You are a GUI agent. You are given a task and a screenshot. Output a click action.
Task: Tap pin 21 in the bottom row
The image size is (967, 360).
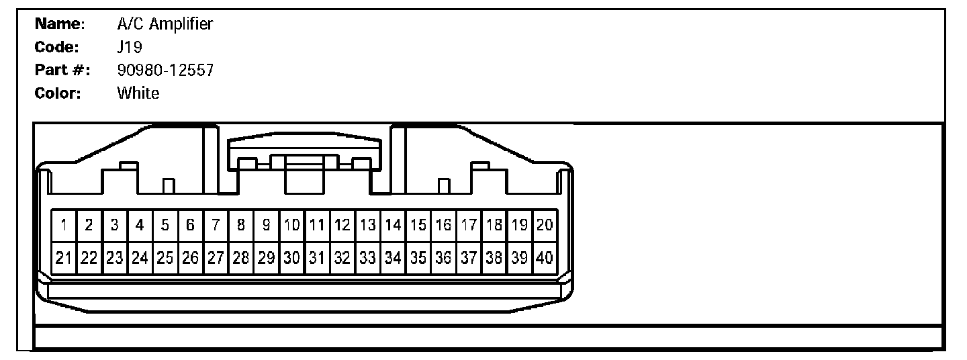pyautogui.click(x=64, y=258)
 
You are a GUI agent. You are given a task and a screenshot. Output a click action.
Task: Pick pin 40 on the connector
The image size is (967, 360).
pyautogui.click(x=545, y=258)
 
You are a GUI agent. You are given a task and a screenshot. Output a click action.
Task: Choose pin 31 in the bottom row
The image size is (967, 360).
pyautogui.click(x=317, y=258)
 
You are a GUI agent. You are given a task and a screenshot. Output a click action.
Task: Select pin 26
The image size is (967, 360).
pyautogui.click(x=190, y=258)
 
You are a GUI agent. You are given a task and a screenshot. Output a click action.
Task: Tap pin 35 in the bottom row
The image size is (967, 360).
pyautogui.click(x=418, y=258)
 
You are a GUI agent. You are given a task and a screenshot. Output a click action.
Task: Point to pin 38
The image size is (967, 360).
pyautogui.click(x=494, y=258)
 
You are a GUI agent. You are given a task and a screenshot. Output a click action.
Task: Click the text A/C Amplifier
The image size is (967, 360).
pyautogui.click(x=165, y=25)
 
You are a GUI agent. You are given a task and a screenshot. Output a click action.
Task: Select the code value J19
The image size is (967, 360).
pyautogui.click(x=127, y=48)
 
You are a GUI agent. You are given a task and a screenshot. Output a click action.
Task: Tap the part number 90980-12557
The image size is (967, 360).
pyautogui.click(x=165, y=71)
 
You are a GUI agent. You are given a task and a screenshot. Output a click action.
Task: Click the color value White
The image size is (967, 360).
pyautogui.click(x=138, y=93)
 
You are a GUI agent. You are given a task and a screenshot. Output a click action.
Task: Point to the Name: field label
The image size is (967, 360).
pyautogui.click(x=59, y=25)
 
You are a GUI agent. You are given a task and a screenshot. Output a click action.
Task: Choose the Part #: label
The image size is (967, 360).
pyautogui.click(x=62, y=71)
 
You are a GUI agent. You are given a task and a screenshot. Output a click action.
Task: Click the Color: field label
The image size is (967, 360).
pyautogui.click(x=58, y=93)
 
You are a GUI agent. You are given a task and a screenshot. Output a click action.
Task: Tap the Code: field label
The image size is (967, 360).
pyautogui.click(x=57, y=48)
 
